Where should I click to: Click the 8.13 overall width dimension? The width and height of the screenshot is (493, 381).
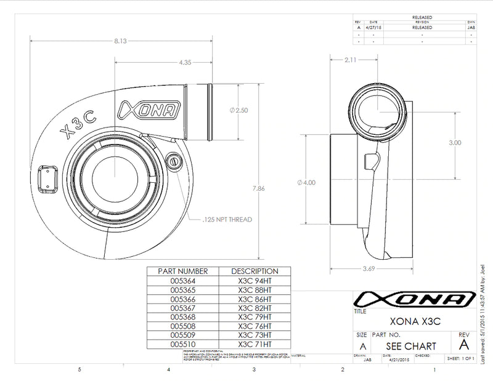click(121, 41)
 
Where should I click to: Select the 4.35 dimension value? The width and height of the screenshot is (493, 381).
click(184, 63)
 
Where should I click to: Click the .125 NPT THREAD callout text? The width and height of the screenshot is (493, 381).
click(227, 219)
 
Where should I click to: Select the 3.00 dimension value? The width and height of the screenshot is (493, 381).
click(455, 142)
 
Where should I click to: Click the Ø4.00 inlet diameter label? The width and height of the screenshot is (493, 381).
click(306, 183)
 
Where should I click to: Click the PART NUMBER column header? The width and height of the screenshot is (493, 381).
click(179, 271)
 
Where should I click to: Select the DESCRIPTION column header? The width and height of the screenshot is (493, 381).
click(255, 271)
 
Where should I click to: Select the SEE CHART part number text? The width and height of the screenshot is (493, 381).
click(412, 346)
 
